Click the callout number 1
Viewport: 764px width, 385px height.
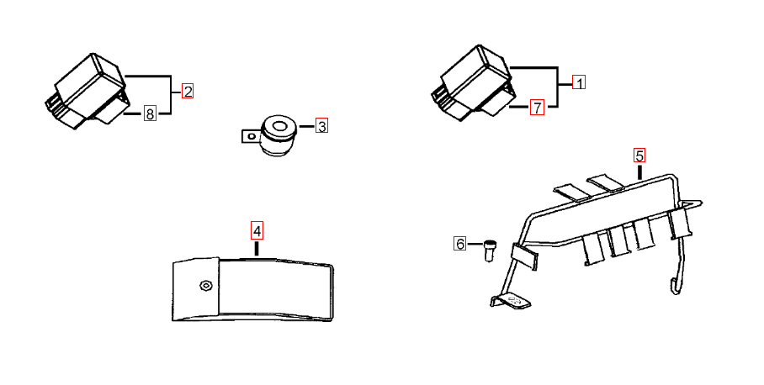click(579, 82)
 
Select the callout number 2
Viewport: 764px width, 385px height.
click(188, 91)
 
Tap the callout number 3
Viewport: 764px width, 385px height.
click(321, 126)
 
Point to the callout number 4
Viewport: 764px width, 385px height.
click(257, 230)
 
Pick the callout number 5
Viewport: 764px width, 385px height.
click(639, 156)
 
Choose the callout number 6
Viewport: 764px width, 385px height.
click(460, 243)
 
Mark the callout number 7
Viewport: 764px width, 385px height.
click(537, 107)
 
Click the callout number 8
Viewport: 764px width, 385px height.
click(150, 113)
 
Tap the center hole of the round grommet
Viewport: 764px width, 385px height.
click(279, 127)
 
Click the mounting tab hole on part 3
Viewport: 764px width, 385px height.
click(252, 136)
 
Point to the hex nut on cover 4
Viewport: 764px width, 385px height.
click(205, 285)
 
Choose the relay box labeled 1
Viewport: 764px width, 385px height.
click(473, 82)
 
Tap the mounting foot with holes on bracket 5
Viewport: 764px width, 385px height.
click(511, 302)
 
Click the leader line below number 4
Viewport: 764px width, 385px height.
click(257, 248)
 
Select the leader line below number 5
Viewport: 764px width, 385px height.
click(639, 171)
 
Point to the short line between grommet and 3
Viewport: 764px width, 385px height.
click(306, 127)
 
